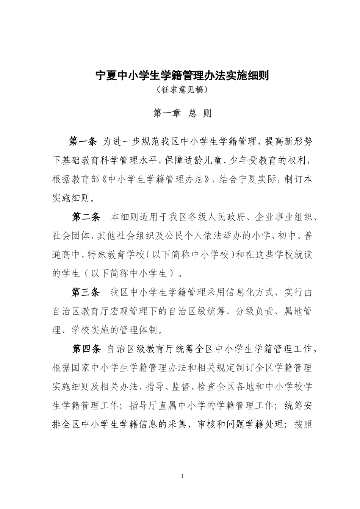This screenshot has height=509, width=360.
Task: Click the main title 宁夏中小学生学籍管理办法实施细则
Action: click(182, 76)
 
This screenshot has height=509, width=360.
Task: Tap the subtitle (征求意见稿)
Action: click(182, 90)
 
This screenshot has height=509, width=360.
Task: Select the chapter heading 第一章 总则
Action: click(182, 113)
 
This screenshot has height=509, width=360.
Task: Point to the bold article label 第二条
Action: click(86, 217)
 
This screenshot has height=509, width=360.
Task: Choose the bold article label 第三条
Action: click(86, 292)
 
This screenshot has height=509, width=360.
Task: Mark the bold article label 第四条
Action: click(86, 349)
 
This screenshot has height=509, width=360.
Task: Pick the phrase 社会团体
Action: click(71, 236)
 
